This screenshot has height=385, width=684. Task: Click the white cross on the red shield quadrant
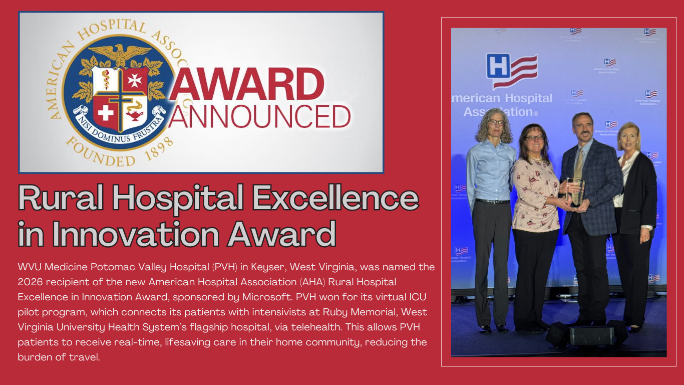(x=105, y=113)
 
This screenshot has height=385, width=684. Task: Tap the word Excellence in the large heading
(x=335, y=198)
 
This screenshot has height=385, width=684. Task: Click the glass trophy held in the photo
(x=575, y=191)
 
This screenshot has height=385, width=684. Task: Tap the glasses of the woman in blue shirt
(x=496, y=122)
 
